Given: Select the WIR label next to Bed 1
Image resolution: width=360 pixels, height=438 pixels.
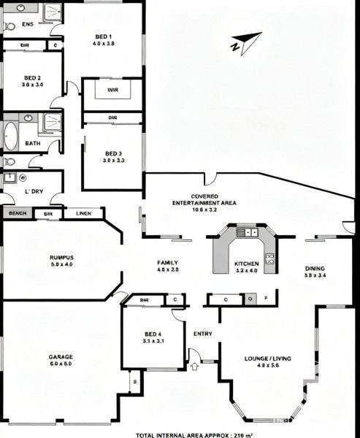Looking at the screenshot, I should coord(112,91).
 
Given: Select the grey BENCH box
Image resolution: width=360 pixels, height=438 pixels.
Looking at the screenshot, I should coord(15,214).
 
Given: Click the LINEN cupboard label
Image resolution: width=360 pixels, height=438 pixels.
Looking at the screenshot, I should coord(83,214).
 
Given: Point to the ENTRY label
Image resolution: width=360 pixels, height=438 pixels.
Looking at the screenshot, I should coord(202,334).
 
